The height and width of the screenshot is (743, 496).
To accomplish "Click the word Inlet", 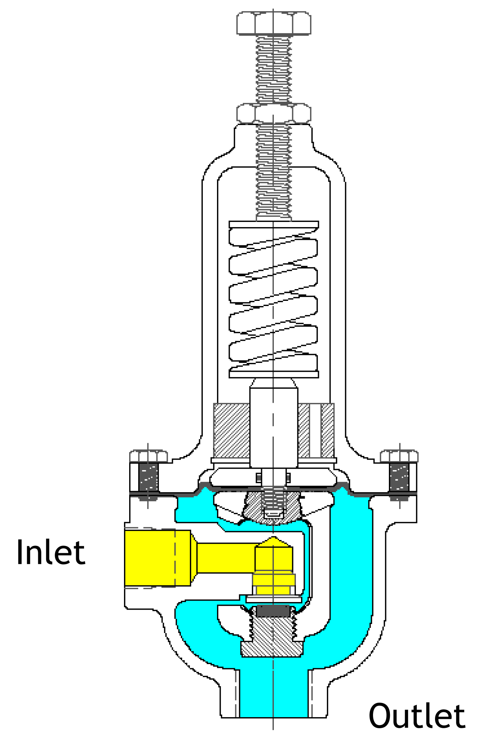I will (51, 553).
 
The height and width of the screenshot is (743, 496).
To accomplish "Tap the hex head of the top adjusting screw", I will (274, 23).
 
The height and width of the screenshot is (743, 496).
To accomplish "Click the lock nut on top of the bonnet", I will (274, 113).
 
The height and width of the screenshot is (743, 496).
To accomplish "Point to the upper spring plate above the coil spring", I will (274, 224).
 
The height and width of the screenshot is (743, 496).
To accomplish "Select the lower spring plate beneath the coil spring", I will (274, 374).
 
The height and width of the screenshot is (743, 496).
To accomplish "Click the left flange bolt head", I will (148, 456).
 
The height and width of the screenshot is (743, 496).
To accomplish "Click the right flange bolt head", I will (399, 456).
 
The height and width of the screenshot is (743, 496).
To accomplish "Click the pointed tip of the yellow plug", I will (273, 540).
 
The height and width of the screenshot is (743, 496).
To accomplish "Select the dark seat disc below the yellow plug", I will (273, 611).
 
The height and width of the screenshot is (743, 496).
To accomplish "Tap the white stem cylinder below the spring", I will (274, 427).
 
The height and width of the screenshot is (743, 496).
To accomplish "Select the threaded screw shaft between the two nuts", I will (274, 69).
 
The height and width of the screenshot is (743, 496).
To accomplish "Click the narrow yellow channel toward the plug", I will (226, 558).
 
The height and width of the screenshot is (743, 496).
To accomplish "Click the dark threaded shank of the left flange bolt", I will (148, 478).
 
